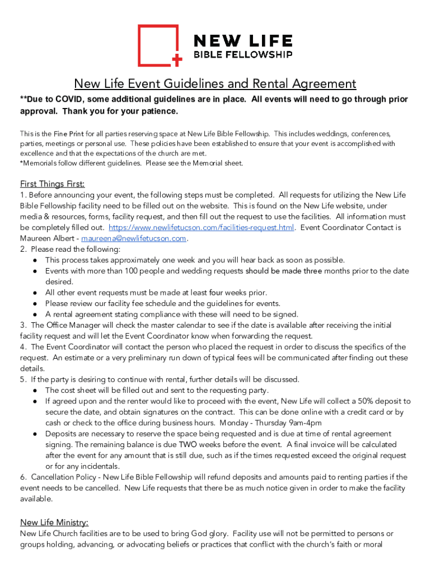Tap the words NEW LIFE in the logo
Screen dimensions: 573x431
point(242,41)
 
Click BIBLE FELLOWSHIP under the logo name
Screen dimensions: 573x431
point(242,54)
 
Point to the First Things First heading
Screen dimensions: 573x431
point(53,184)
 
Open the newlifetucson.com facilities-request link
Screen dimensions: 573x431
point(201,227)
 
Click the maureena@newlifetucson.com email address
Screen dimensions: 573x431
point(134,238)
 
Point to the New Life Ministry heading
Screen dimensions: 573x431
point(54,522)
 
